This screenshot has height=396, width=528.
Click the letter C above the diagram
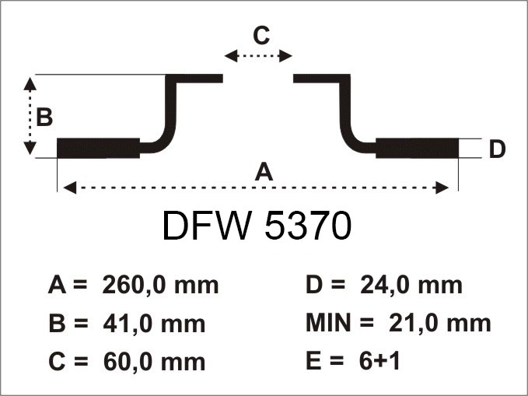pos(261,35)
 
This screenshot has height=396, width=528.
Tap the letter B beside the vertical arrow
pos(44,117)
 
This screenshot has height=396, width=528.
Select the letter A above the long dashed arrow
pos(264,171)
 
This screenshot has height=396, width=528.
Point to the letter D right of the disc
pos(497,149)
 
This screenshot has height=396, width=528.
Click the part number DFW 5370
pos(257,226)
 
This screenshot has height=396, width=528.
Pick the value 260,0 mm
pos(161,285)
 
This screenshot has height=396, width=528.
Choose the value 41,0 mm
pos(154,324)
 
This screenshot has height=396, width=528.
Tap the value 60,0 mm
pos(154,362)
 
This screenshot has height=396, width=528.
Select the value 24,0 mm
pos(411,285)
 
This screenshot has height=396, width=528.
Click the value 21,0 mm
pos(440,323)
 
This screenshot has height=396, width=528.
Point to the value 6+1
pos(379,361)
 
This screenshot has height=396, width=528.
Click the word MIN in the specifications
pos(328,323)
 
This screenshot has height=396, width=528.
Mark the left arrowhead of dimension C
pos(231,56)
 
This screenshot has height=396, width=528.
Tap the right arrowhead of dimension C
pos(285,56)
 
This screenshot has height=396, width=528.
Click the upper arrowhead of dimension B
pos(30,84)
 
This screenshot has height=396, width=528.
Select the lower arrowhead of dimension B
pos(30,148)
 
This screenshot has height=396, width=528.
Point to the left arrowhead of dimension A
pos(70,187)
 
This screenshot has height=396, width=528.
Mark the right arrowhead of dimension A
pos(442,187)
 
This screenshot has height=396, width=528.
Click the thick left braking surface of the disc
pos(98,148)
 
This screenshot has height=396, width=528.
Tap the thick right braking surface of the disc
pos(418,148)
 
